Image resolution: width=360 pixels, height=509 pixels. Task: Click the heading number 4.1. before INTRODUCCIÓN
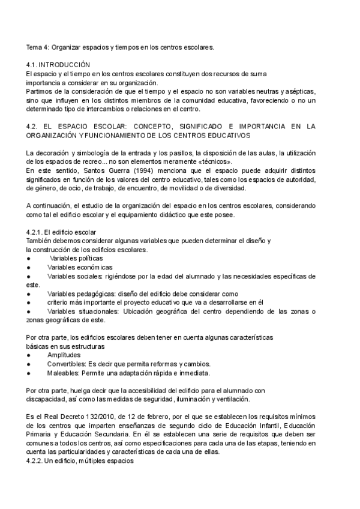pos(33,64)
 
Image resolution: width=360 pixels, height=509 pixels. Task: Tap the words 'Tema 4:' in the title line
pos(38,46)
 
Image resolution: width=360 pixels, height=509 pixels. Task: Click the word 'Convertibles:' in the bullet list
pos(67,364)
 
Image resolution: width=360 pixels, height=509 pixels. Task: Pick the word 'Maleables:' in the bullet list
pos(64,373)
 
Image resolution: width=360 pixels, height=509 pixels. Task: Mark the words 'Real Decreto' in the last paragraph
pos(65,417)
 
